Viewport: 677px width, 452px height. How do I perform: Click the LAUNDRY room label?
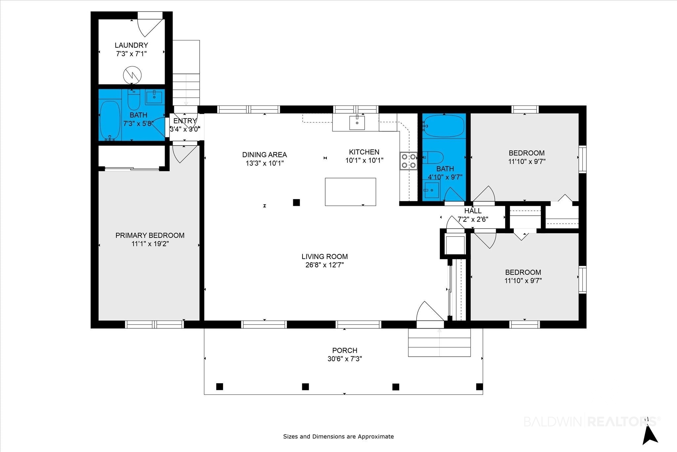coord(131,45)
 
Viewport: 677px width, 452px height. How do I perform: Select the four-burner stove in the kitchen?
coord(409,161)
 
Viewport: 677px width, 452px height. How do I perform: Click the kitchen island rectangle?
coord(350,192)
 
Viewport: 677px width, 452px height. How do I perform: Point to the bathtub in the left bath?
coord(110,120)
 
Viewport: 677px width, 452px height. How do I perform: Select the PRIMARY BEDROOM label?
coord(150,236)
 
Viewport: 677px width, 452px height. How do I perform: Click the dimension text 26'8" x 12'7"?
coord(325,265)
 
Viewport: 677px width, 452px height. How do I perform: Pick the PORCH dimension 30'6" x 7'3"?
coord(345,359)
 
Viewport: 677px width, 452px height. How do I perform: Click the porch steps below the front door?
coord(439,342)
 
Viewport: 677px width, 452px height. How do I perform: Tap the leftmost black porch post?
coord(219,386)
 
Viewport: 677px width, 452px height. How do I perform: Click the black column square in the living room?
coord(297,203)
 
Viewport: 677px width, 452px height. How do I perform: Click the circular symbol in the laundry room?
coord(132,76)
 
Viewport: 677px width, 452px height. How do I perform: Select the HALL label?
coord(473,211)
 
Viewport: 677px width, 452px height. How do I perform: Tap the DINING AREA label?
coord(264,155)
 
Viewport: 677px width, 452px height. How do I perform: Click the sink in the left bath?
coord(154,97)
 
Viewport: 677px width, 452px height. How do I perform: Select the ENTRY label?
coord(185,121)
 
